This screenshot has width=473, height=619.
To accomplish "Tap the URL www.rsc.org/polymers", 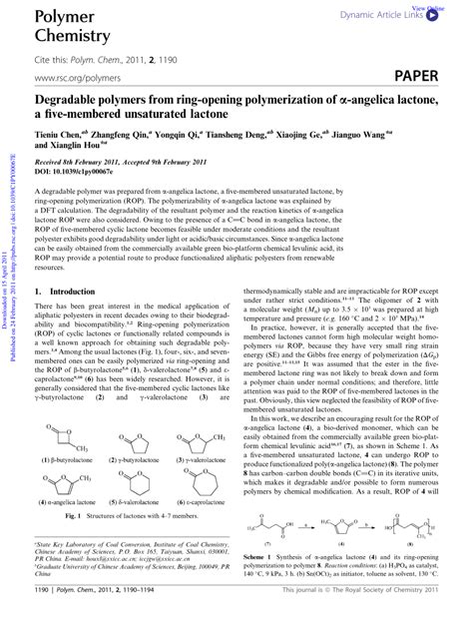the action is [x=72, y=77].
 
